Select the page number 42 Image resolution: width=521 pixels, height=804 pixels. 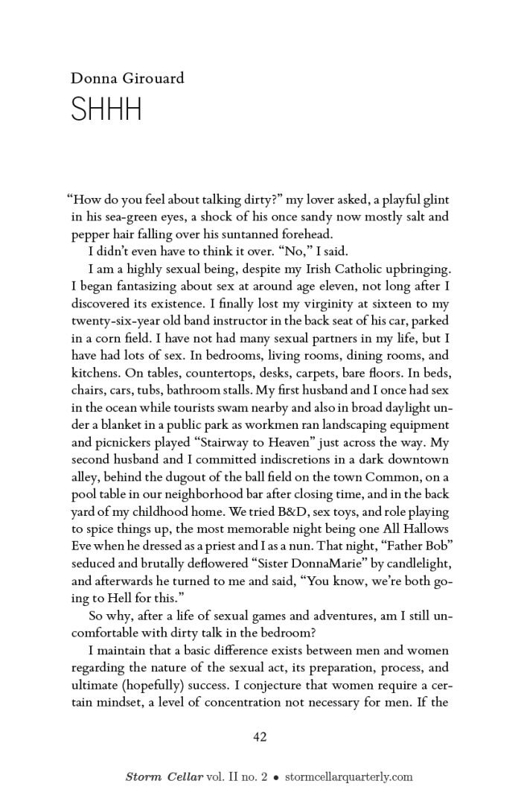click(x=260, y=737)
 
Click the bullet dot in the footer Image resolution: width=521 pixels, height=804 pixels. click(x=275, y=777)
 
